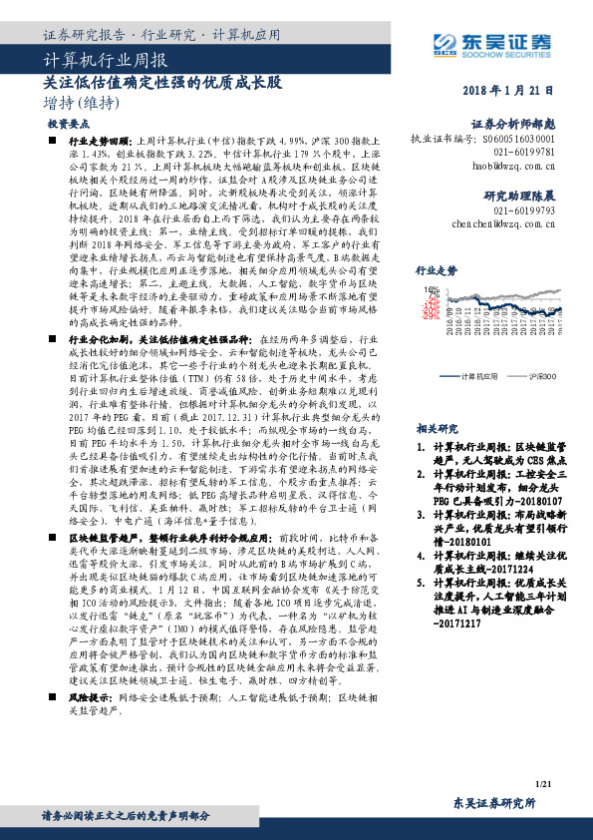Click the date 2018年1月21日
pos(508,91)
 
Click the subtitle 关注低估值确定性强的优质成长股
pos(162,82)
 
